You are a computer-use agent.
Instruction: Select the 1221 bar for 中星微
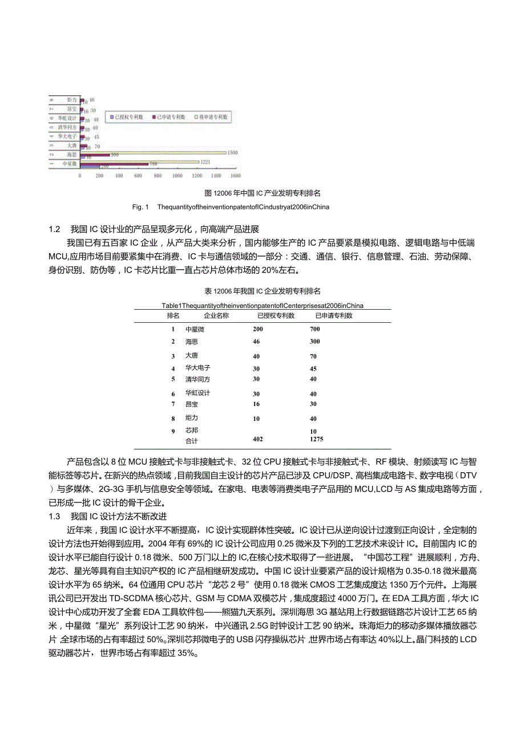(x=140, y=162)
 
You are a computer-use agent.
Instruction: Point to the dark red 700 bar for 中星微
(x=114, y=164)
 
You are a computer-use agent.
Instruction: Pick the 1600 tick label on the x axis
(x=235, y=176)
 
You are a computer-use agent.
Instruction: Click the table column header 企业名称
(x=216, y=315)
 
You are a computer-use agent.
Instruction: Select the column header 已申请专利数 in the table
(x=334, y=315)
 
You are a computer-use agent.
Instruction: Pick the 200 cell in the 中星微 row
(x=258, y=329)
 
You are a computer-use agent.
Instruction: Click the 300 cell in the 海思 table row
(x=314, y=342)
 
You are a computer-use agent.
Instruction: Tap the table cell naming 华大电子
(x=198, y=368)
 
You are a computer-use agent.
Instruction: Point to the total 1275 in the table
(x=316, y=440)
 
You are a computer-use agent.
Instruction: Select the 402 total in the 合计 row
(x=258, y=440)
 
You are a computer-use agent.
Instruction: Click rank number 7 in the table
(x=172, y=404)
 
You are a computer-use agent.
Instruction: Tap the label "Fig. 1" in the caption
(x=140, y=206)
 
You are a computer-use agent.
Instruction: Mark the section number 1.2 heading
(x=54, y=229)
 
